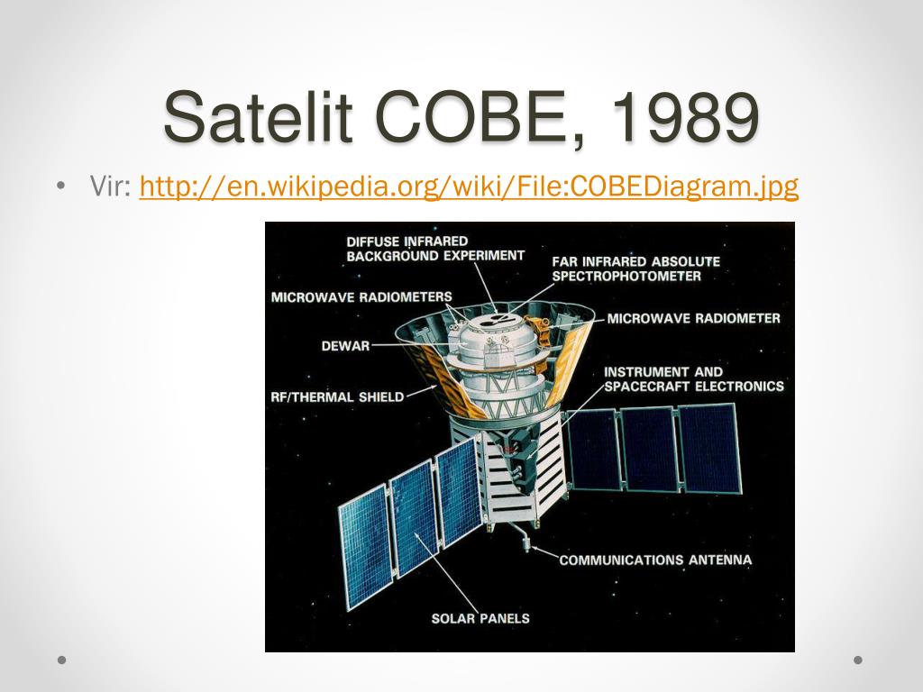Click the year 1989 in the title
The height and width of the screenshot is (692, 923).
point(685,116)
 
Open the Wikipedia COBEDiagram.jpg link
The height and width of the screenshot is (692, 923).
point(469,186)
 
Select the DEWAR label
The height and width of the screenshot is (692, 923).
point(345,346)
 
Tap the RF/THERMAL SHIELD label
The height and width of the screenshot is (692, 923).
point(337,397)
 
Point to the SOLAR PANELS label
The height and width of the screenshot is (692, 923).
point(480,618)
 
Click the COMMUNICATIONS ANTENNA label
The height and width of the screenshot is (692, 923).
point(656,560)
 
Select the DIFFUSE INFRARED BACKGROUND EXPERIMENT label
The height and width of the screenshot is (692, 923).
point(435,249)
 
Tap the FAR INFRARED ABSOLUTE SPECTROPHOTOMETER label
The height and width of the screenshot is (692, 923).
point(635,269)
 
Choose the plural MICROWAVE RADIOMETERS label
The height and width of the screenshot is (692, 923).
point(361,297)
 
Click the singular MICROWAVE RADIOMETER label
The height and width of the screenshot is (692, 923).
point(693,318)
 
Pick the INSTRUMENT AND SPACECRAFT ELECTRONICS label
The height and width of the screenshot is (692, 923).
point(694,379)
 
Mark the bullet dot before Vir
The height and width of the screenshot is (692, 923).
point(61,187)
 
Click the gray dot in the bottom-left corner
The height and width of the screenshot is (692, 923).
point(61,660)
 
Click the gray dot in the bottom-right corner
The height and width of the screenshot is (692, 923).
point(858,660)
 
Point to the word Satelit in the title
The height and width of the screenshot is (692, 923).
point(258,116)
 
